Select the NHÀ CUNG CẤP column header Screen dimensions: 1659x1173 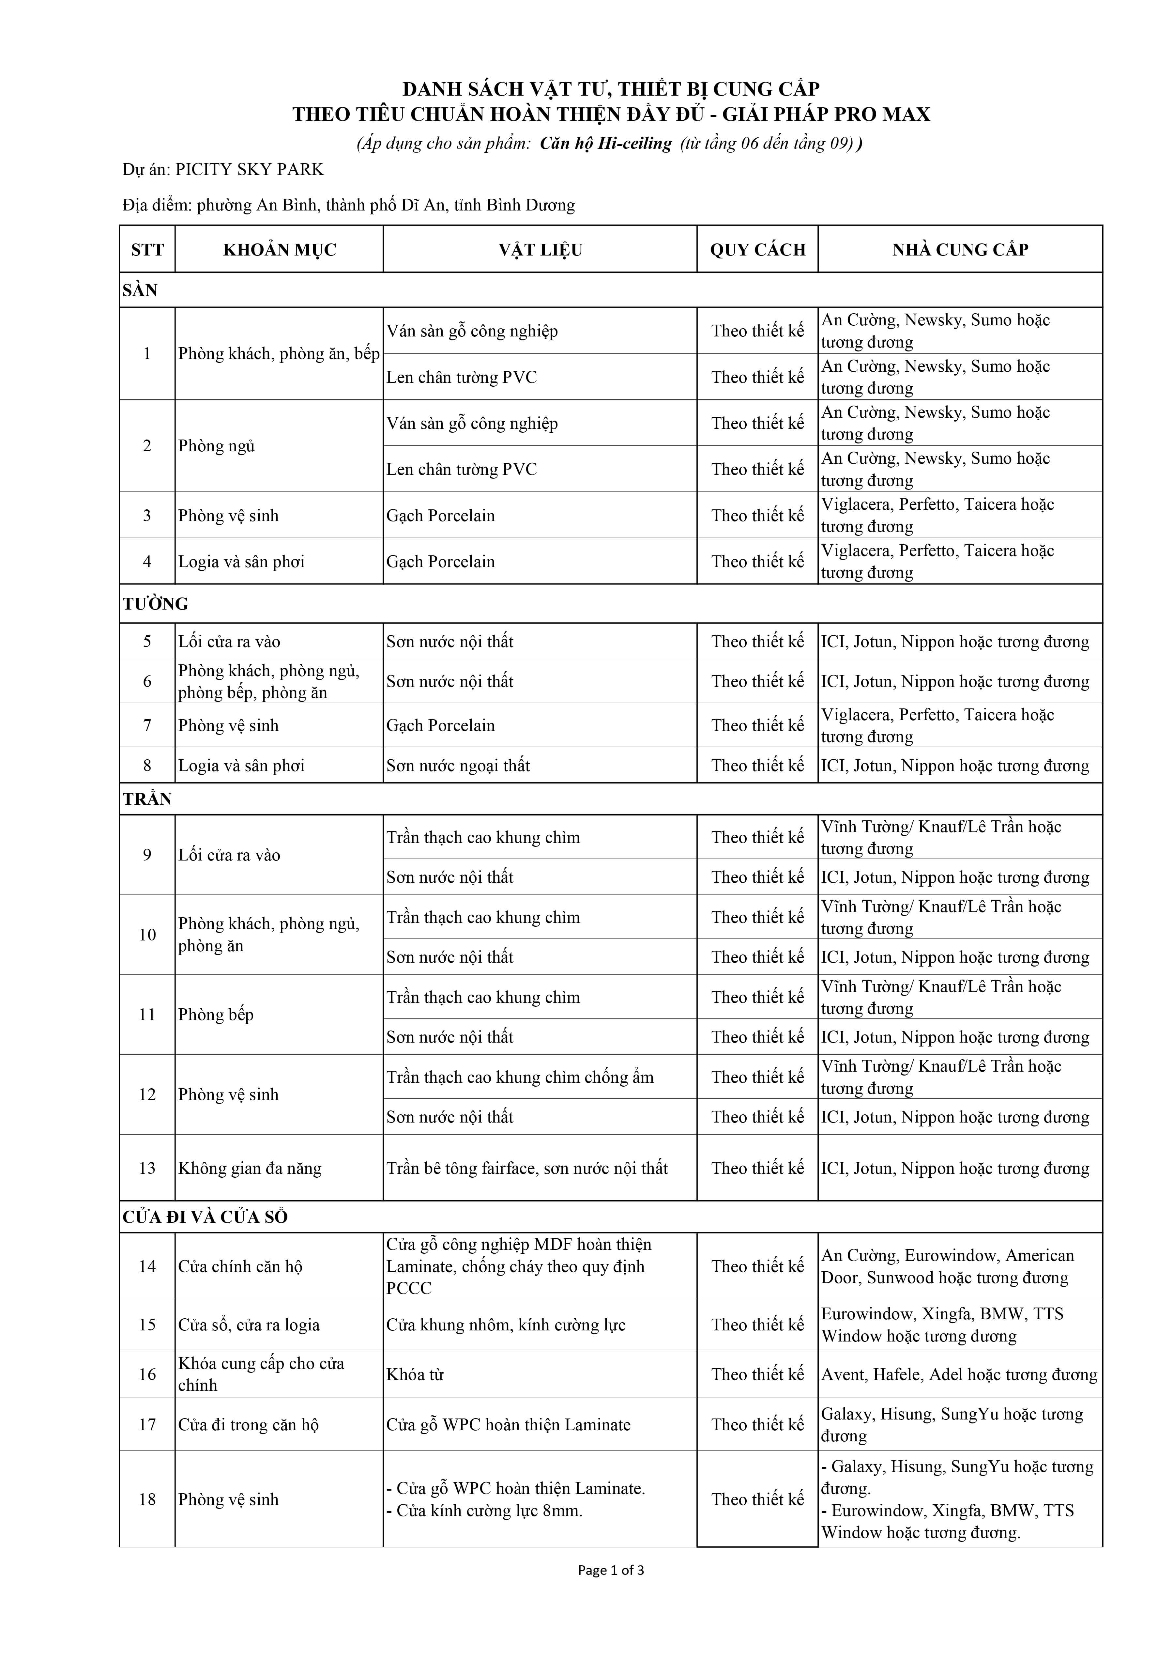point(960,250)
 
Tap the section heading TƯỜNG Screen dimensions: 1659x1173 point(155,604)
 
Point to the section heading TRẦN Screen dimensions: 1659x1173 point(147,799)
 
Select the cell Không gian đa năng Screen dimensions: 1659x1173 point(250,1168)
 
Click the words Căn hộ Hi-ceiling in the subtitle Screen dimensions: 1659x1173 point(605,144)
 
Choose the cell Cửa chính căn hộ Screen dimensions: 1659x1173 point(240,1267)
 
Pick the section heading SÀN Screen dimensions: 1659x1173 point(140,290)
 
